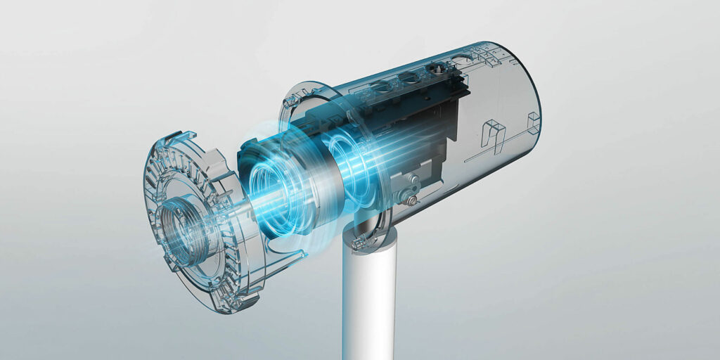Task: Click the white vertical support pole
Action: coord(361,309)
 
